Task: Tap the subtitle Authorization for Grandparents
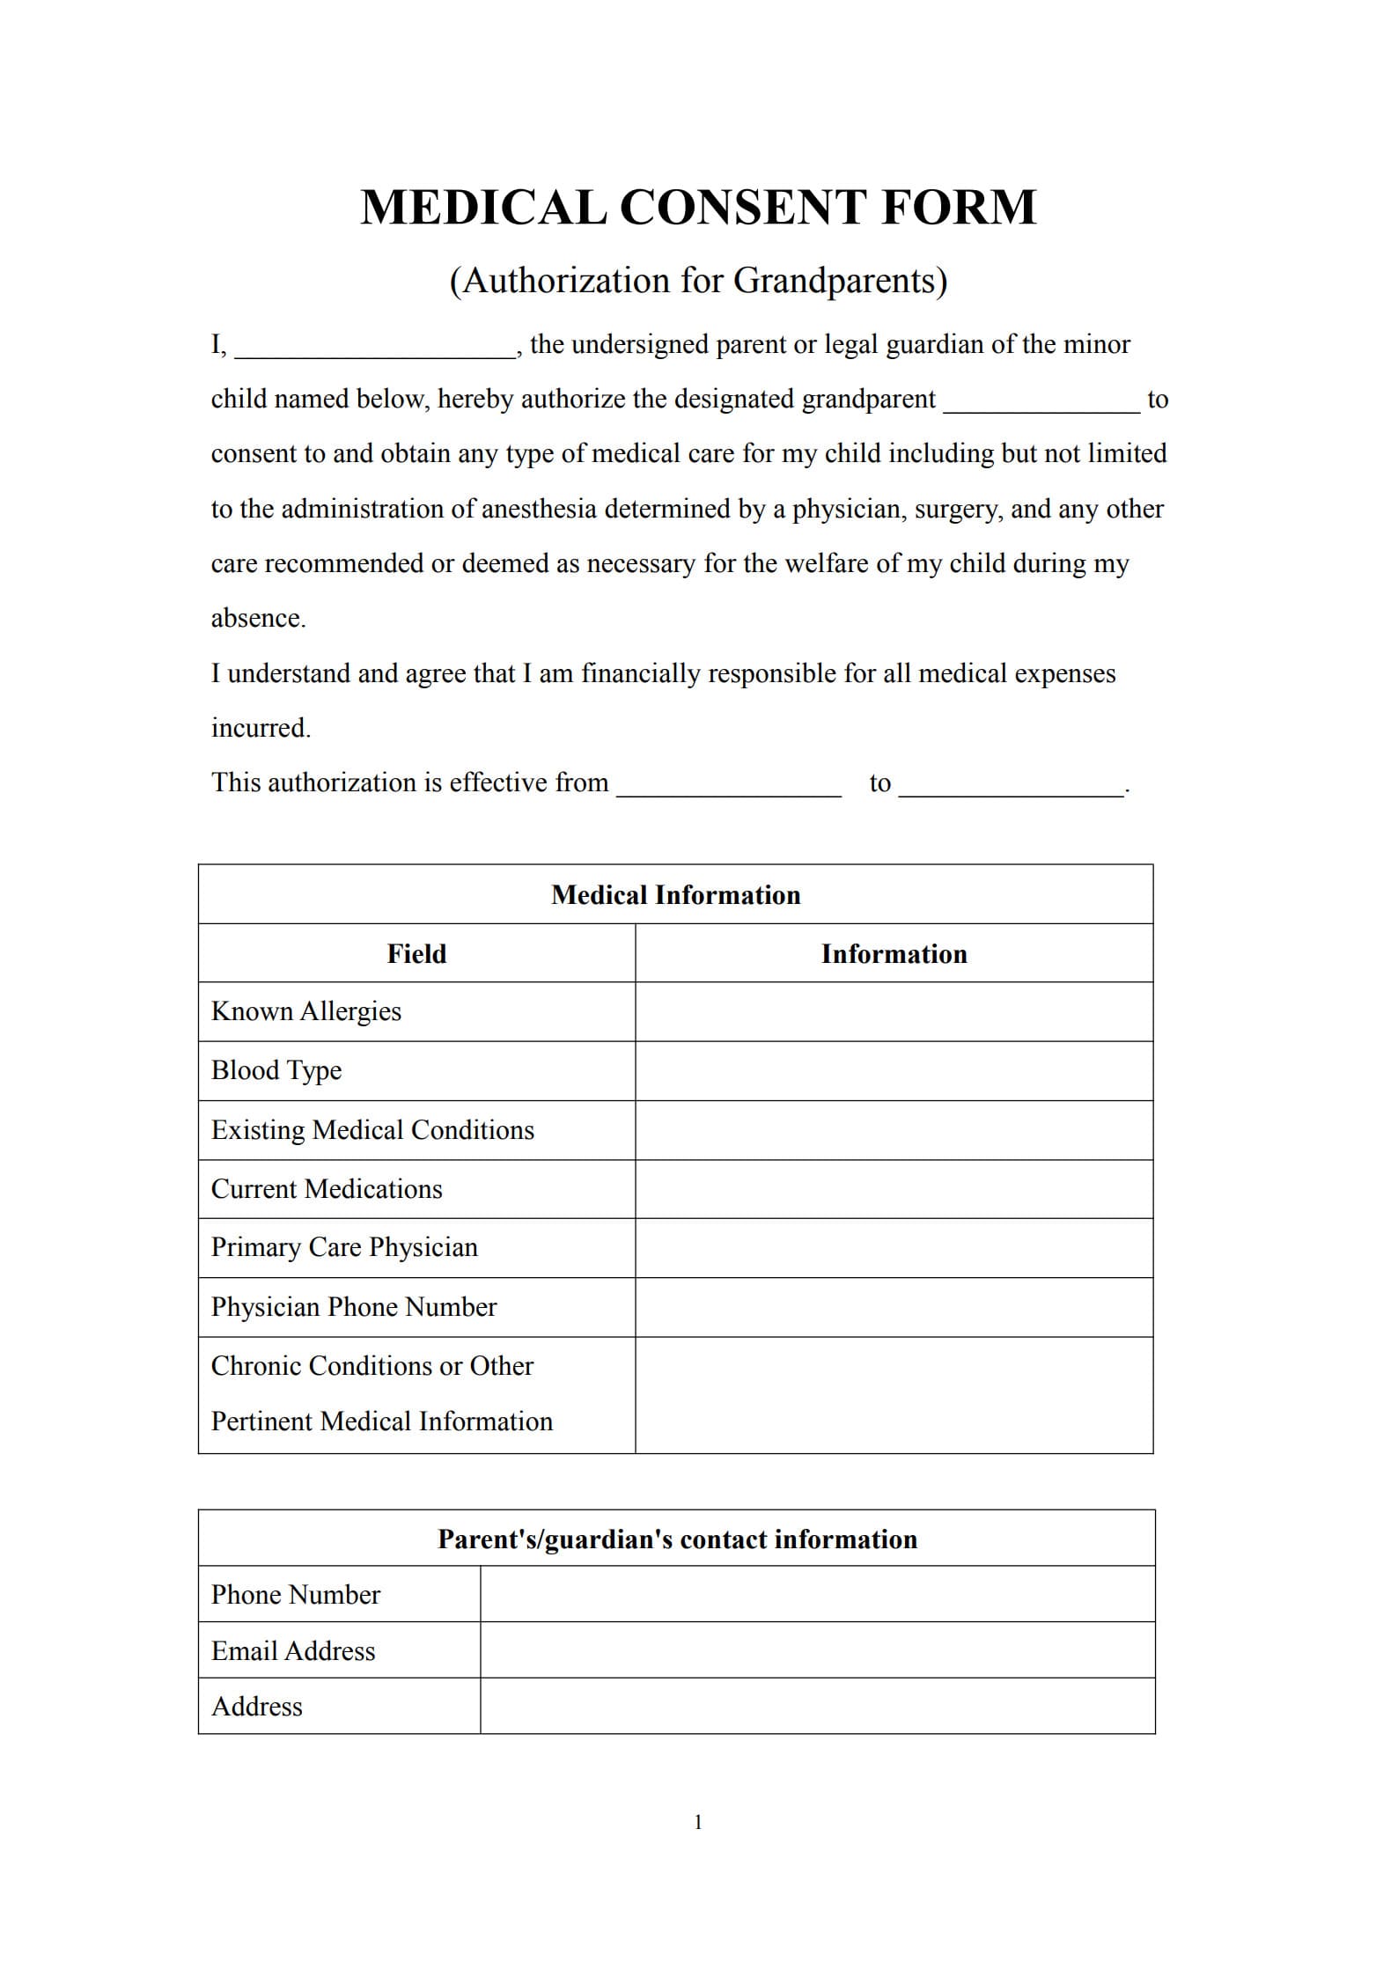click(x=698, y=281)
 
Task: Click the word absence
click(x=257, y=619)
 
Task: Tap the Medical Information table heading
click(x=675, y=895)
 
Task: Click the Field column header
click(x=416, y=954)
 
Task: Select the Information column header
click(x=894, y=954)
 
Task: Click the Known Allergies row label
click(x=305, y=1011)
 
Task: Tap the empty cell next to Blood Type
click(x=894, y=1071)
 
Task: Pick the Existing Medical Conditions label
click(x=372, y=1130)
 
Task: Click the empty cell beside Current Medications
click(x=894, y=1189)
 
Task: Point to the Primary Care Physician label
click(x=344, y=1248)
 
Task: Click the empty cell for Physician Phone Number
click(x=894, y=1307)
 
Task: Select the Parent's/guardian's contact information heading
click(x=677, y=1539)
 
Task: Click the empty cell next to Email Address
click(x=817, y=1650)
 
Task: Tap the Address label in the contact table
click(x=256, y=1707)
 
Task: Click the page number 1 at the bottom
click(x=698, y=1823)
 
